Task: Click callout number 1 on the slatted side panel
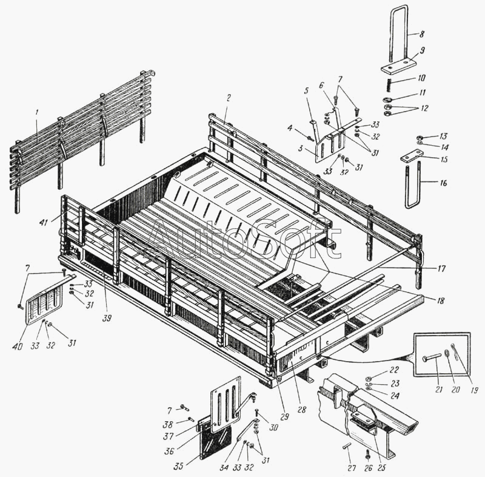(36, 113)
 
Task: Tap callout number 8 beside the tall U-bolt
(422, 34)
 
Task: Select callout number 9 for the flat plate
(422, 50)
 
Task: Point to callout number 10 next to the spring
(421, 78)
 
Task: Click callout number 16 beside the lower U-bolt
(444, 183)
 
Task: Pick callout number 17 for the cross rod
(442, 268)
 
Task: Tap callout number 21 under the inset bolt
(439, 389)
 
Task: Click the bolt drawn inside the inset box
(432, 359)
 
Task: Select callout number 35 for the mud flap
(178, 466)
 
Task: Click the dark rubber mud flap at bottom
(214, 441)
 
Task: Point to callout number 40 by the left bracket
(18, 347)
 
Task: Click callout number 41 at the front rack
(44, 222)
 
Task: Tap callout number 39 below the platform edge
(107, 318)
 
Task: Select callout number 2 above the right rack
(229, 98)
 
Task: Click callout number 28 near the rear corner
(301, 409)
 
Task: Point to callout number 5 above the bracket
(306, 90)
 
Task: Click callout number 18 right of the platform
(441, 300)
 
